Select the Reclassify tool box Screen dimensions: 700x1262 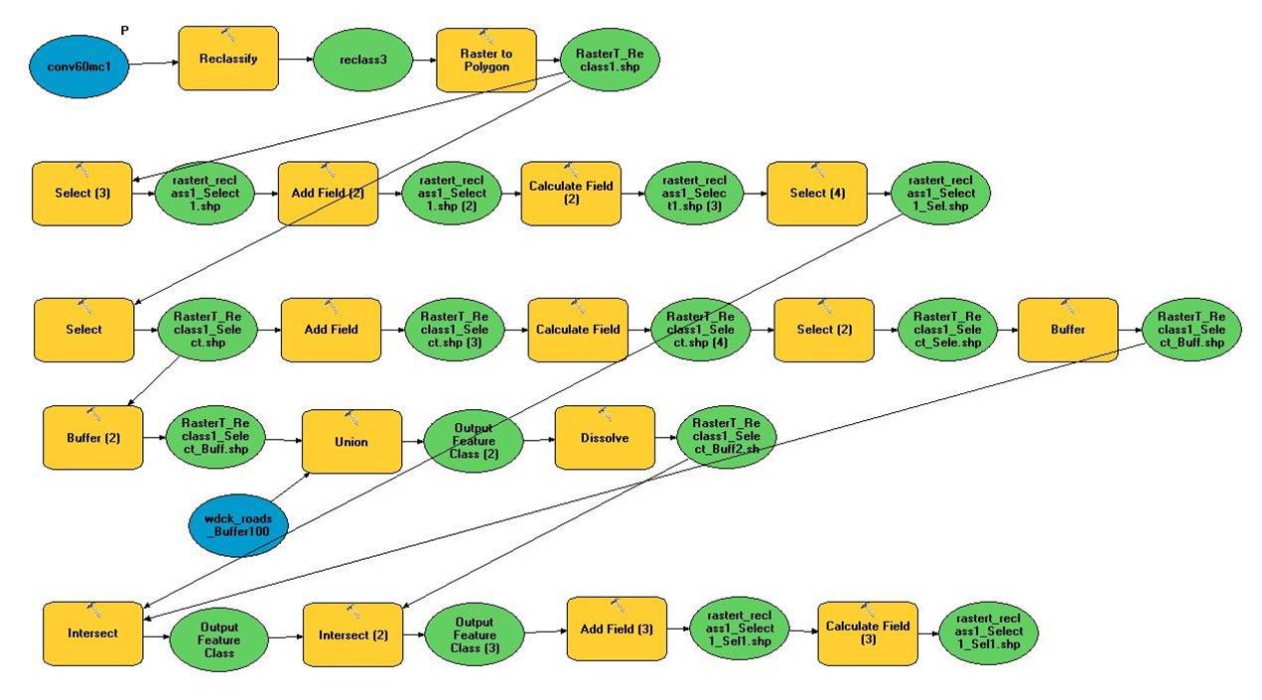click(x=228, y=59)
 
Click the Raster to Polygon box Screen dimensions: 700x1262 click(x=486, y=60)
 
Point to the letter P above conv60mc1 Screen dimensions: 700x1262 click(x=124, y=32)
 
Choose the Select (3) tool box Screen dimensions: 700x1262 click(x=81, y=194)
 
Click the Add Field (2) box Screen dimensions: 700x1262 click(x=328, y=194)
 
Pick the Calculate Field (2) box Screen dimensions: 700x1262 click(x=571, y=193)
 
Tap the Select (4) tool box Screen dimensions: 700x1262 click(x=817, y=194)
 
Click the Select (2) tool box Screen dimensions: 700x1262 click(x=824, y=330)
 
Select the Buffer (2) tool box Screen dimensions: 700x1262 click(x=92, y=437)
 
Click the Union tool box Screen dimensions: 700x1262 click(x=351, y=441)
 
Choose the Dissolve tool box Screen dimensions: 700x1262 click(x=605, y=437)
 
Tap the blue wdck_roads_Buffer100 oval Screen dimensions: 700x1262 click(x=238, y=524)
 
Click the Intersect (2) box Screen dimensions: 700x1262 click(x=352, y=634)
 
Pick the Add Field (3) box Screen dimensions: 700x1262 click(x=617, y=628)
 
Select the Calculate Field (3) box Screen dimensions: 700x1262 click(x=867, y=632)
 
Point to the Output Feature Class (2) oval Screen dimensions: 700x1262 click(x=474, y=442)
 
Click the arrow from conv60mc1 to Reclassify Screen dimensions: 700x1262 click(x=154, y=63)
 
